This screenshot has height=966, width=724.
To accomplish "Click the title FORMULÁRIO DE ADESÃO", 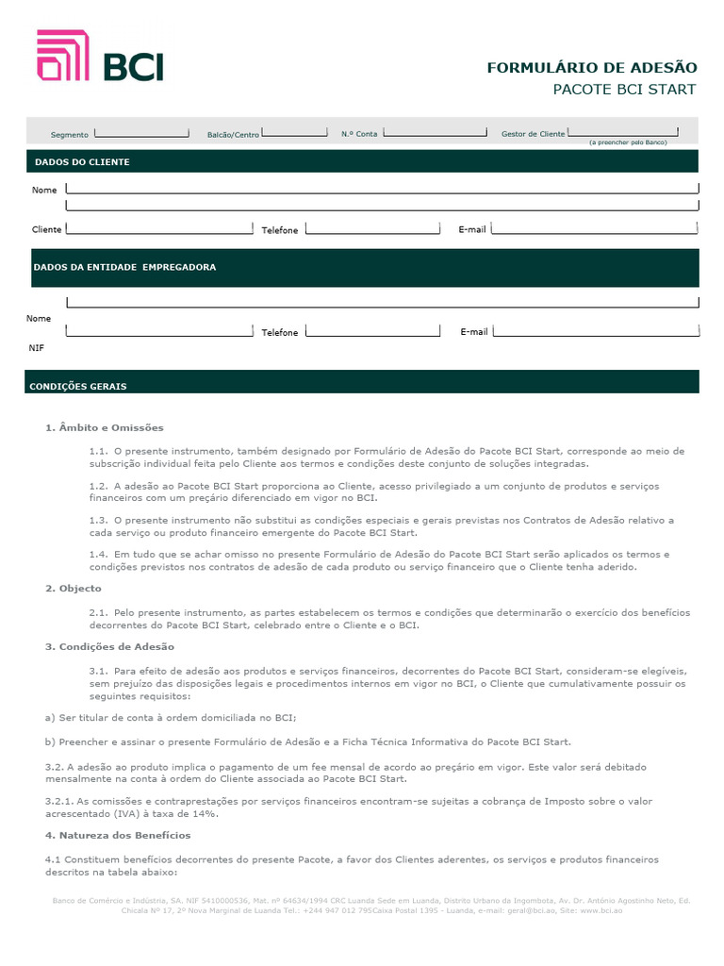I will pos(591,67).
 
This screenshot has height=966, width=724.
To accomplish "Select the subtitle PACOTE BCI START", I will pos(623,90).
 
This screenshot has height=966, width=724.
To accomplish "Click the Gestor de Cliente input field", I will pos(623,132).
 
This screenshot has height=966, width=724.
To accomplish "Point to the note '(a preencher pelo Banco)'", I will pos(627,142).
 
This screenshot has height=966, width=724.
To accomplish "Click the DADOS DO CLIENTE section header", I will pos(82,162).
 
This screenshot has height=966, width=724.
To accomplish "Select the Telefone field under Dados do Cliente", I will pos(371,228).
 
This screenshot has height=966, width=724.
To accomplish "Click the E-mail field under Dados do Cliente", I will pos(594,228).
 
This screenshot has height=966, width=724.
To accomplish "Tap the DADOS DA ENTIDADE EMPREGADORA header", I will pos(124,267).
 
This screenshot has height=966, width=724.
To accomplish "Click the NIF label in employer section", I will pos(36,347).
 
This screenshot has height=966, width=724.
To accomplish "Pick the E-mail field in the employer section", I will pos(596,330).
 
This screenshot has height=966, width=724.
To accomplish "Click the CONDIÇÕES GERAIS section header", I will pos(78,387).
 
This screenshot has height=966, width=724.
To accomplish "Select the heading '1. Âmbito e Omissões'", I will pos(105,427).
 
